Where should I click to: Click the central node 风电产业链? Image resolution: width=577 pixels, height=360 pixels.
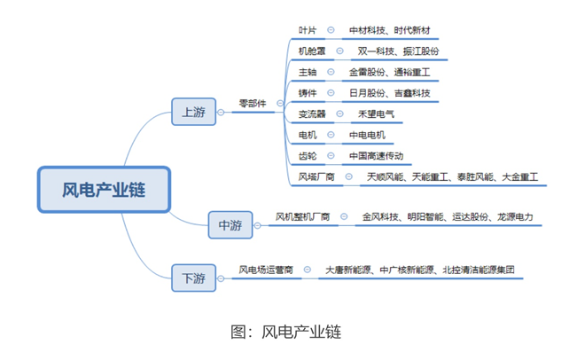[104, 190]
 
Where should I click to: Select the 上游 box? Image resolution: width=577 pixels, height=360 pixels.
[193, 112]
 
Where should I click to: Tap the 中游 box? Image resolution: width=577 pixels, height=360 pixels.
[230, 225]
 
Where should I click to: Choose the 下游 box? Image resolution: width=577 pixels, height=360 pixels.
[193, 278]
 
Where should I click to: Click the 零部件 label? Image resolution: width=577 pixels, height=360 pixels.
[253, 104]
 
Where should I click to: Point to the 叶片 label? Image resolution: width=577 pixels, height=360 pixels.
[308, 30]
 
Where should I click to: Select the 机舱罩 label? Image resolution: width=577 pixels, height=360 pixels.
[312, 51]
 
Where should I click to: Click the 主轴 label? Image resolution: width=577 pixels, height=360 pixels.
[308, 72]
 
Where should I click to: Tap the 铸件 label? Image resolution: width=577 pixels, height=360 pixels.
[308, 93]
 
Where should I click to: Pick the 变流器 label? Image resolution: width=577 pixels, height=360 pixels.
[312, 114]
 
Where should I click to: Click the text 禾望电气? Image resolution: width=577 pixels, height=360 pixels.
[376, 114]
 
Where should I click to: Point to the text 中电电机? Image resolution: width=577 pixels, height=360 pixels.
[367, 135]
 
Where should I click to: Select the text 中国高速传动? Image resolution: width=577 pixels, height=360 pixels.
[376, 156]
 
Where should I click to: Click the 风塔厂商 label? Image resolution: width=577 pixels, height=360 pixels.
[316, 177]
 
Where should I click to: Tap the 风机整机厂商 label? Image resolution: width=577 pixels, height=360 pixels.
[302, 217]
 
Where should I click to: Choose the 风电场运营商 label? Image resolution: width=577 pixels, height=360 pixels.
[266, 270]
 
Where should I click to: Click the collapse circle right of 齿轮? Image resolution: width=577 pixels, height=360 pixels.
[331, 156]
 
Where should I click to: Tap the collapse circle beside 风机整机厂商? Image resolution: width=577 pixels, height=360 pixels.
[344, 216]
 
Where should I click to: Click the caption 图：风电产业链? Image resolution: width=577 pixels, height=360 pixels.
[286, 332]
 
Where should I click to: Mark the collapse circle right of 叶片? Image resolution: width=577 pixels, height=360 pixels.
[331, 30]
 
